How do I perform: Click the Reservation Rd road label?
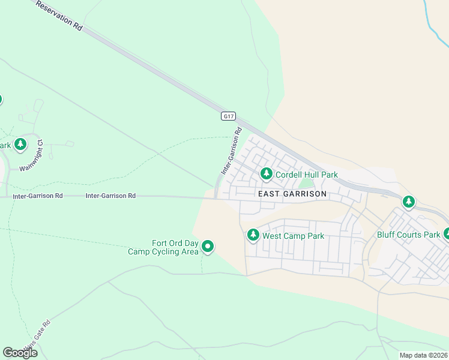tap(59, 16)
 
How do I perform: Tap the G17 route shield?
tap(228, 116)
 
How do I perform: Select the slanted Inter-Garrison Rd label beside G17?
tap(232, 151)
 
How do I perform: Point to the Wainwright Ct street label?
tap(32, 155)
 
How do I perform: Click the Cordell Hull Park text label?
tap(306, 175)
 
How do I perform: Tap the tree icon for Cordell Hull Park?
tap(267, 174)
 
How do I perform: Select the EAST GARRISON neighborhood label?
tap(292, 194)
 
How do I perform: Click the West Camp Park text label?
tap(293, 236)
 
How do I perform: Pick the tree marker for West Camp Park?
tap(253, 235)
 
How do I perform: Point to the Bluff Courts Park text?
tap(408, 235)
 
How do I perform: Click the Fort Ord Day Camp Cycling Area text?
tap(163, 247)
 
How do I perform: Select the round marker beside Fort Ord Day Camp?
tap(208, 247)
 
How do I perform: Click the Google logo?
tap(20, 353)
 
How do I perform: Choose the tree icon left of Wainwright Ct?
tap(21, 144)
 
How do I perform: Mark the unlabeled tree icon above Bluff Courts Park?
tap(409, 202)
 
